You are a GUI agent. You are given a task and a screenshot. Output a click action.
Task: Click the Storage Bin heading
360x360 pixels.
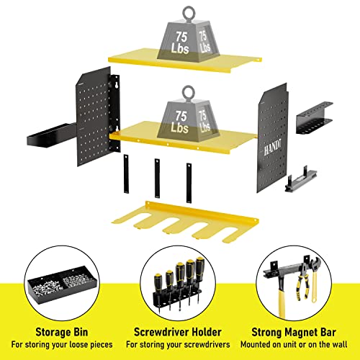pyautogui.click(x=57, y=333)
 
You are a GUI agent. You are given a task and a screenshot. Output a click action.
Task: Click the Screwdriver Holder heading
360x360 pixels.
pyautogui.click(x=179, y=333)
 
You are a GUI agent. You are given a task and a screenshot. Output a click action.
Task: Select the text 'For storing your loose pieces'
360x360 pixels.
pyautogui.click(x=57, y=346)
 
